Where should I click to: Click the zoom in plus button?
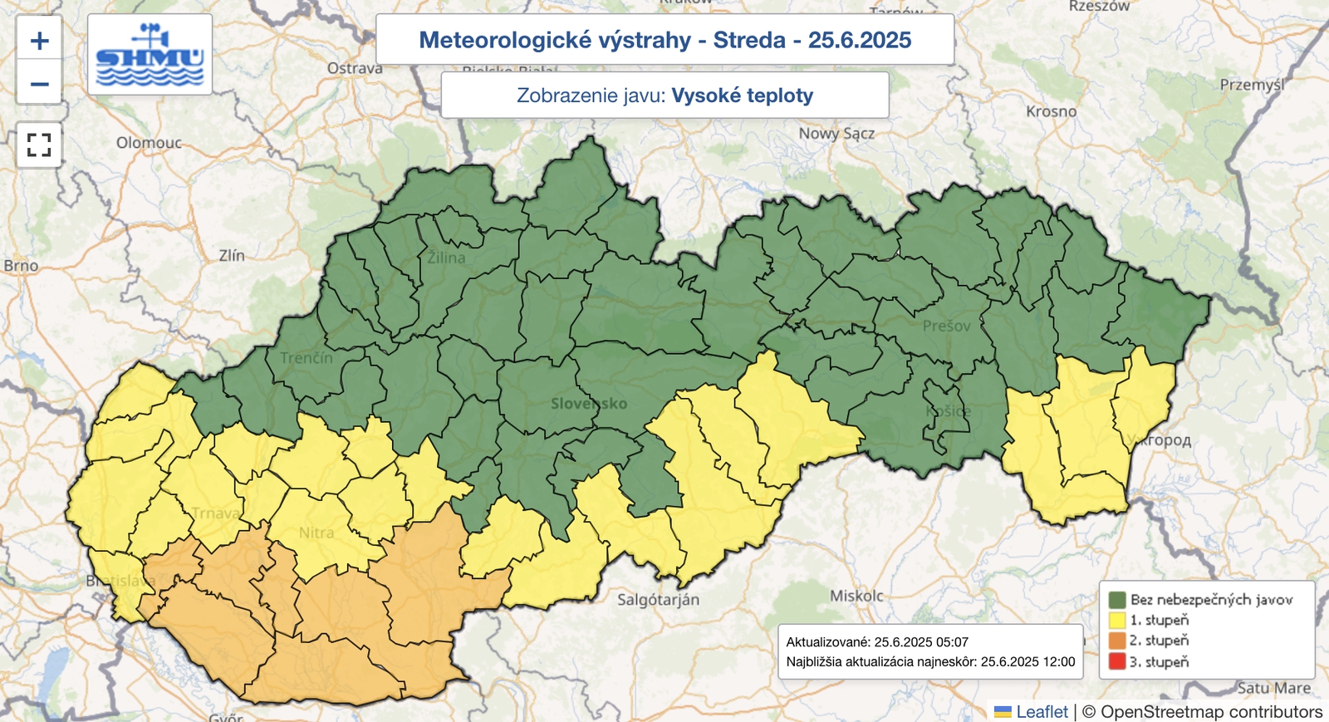39,41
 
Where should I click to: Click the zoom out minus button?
39,84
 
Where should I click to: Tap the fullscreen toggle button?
39,145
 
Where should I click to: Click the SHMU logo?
150,55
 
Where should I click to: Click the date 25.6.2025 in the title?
860,40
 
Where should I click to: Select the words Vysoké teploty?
742,96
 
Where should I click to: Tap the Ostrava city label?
355,68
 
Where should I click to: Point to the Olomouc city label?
149,143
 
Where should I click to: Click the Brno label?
21,266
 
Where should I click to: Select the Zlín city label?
232,256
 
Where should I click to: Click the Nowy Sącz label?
836,133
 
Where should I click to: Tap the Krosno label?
1051,111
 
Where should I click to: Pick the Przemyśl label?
1252,85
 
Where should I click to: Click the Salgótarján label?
658,600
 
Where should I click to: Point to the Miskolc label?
856,596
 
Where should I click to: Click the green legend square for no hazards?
1116,599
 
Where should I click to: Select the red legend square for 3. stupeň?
1116,662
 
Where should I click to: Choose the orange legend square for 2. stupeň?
1116,641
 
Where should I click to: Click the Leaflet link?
1042,712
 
